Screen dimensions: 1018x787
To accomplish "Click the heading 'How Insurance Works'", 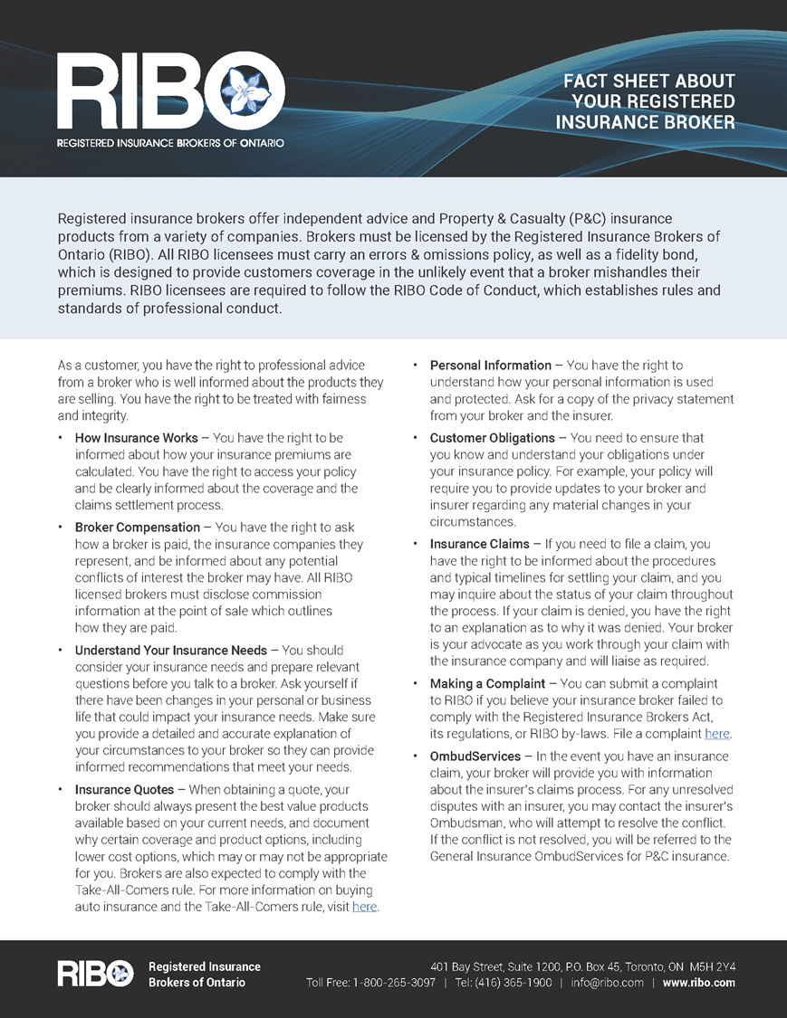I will pos(137,438).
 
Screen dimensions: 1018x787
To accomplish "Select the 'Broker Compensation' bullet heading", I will pos(138,527).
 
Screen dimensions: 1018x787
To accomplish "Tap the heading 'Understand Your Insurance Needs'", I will pos(171,650).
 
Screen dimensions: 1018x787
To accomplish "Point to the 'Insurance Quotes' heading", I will pos(125,790).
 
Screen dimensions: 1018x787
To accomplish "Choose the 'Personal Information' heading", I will pos(490,366).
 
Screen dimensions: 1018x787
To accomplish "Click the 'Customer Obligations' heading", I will pos(493,438).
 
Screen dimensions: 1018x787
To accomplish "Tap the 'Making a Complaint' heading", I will pos(487,684).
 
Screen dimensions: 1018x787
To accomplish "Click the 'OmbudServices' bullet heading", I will pos(475,756).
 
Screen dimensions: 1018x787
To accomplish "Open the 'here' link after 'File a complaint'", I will pos(716,734).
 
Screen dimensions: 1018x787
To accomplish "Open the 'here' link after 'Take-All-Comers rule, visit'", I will pos(364,907).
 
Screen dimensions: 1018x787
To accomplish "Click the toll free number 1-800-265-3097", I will pos(394,983).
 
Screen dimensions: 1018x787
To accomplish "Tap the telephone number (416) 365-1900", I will pos(516,983).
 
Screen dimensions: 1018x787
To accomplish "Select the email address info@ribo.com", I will pos(607,983).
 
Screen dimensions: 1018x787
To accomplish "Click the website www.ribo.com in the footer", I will pos(698,983).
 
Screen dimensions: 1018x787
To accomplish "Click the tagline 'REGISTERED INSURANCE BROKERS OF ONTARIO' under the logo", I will pos(170,143).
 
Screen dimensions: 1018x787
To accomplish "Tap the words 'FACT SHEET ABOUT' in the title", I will pos(649,81).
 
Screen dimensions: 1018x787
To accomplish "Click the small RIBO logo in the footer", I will pos(95,974).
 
